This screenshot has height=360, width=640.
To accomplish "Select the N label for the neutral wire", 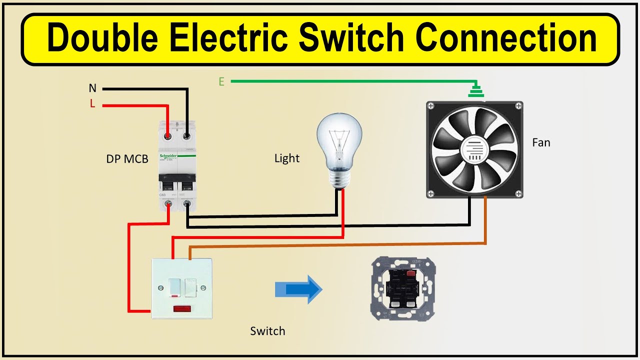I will pyautogui.click(x=92, y=88).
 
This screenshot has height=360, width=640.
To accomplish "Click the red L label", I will pyautogui.click(x=92, y=103).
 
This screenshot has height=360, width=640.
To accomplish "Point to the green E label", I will pyautogui.click(x=221, y=81).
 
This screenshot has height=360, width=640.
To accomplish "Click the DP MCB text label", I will pyautogui.click(x=127, y=159).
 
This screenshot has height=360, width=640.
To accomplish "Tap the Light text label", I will pyautogui.click(x=287, y=158).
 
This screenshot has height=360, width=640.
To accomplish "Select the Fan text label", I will pyautogui.click(x=541, y=142).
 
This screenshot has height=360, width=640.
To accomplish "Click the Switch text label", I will pyautogui.click(x=267, y=331).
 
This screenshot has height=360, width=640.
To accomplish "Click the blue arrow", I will pyautogui.click(x=298, y=289).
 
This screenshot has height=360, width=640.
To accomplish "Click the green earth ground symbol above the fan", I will pyautogui.click(x=475, y=91).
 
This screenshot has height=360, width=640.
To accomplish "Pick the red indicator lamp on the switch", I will pyautogui.click(x=184, y=308).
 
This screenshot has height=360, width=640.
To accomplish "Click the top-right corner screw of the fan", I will pyautogui.click(x=518, y=106).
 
